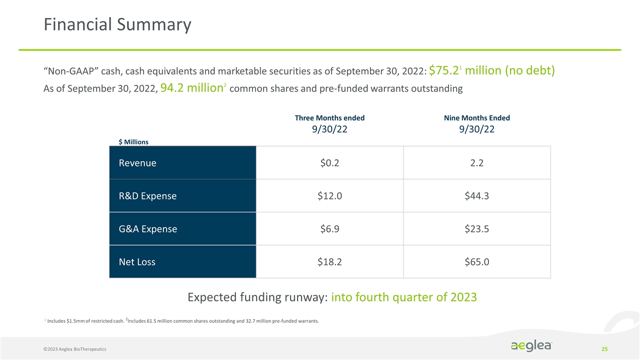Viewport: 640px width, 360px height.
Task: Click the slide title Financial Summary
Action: point(117,24)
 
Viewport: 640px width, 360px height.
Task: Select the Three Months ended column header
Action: point(329,118)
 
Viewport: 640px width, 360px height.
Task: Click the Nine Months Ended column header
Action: point(476,118)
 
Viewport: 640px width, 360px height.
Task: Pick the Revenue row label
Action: point(137,163)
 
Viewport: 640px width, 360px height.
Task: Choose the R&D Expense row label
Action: point(147,196)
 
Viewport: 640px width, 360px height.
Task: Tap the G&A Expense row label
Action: point(147,229)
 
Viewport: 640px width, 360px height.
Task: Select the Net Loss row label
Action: point(137,262)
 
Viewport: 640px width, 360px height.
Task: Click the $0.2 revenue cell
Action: point(329,163)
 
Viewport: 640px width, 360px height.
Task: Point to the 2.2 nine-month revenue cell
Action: point(476,163)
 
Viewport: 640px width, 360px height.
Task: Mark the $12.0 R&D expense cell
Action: point(329,196)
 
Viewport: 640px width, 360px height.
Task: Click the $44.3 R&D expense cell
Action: point(476,196)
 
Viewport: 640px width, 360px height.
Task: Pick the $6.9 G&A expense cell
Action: point(329,229)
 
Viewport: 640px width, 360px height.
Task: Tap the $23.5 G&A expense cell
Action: point(476,229)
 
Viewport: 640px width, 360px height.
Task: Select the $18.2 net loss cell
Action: point(329,262)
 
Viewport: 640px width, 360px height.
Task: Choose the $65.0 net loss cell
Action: point(476,262)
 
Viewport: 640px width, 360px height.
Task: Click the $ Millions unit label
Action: point(133,142)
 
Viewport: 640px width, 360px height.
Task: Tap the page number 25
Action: point(604,348)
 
